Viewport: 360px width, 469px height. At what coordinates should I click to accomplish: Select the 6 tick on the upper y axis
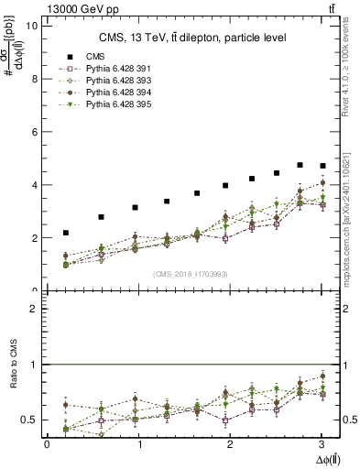click(34, 132)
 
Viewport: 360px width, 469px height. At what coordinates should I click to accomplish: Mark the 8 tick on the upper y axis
click(34, 79)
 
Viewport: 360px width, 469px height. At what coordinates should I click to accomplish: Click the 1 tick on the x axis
click(139, 443)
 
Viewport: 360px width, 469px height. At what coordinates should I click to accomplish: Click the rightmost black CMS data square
click(322, 166)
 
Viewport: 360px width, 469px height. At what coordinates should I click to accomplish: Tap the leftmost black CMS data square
click(65, 233)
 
